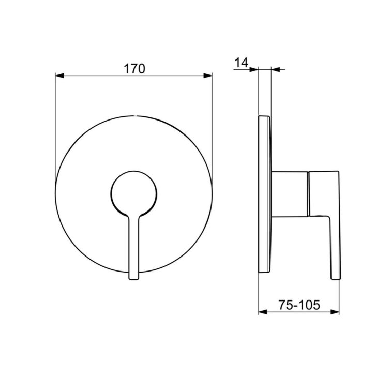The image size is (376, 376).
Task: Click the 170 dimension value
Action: point(134,69)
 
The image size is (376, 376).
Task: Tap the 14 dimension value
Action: point(241,63)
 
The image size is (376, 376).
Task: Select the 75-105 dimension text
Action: point(299,305)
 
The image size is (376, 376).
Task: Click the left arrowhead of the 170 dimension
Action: point(59,76)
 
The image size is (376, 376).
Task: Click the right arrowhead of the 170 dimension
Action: point(208,76)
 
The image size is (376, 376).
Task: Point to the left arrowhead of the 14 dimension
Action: point(253,69)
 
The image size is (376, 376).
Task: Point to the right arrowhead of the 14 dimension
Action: point(276,69)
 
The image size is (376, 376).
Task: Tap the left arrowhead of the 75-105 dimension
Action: point(263,312)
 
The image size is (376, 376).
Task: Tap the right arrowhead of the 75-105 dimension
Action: point(335,312)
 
